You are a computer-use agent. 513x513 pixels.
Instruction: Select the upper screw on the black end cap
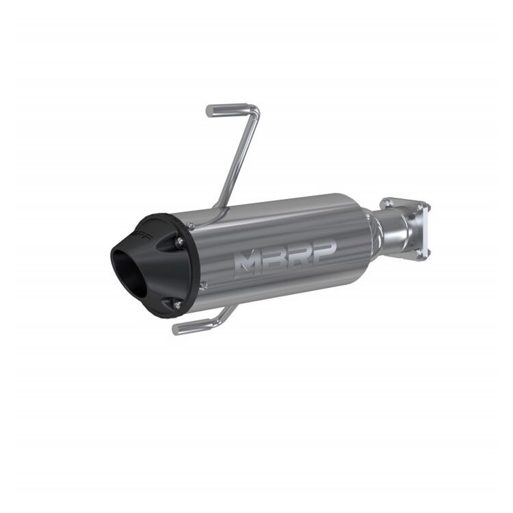point(179,240)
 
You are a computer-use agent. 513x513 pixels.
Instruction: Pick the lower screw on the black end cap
point(176,304)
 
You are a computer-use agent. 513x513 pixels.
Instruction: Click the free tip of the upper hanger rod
point(209,109)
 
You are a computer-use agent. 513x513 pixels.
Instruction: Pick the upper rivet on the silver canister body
point(191,225)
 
